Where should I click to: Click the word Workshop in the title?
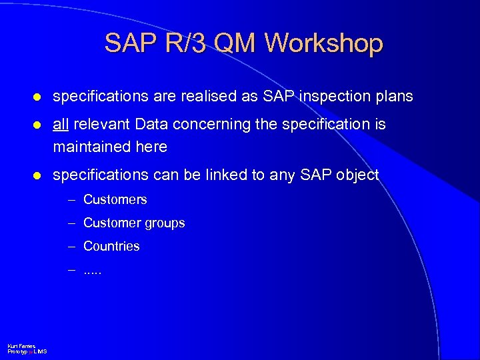point(324,43)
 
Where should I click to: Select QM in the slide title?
point(235,43)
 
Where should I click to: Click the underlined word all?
point(61,125)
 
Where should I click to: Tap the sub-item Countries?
point(111,246)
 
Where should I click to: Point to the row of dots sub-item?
point(93,271)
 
